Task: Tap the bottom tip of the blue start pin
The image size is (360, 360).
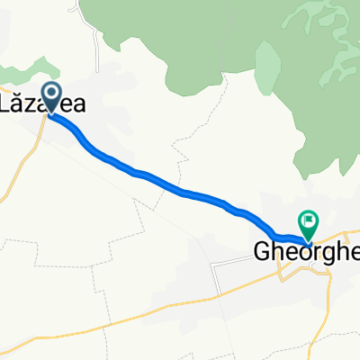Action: [x=52, y=114]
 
